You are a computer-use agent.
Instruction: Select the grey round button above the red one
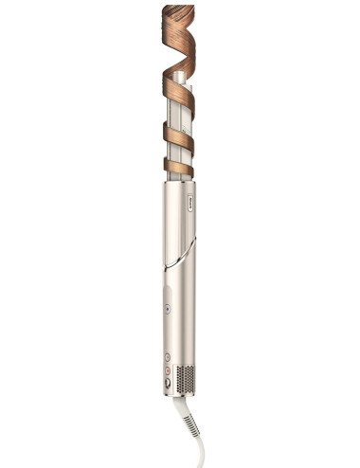168,358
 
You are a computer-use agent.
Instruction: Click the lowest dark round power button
168,383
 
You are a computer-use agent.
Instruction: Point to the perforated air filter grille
186,376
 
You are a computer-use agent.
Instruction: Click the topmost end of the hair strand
177,8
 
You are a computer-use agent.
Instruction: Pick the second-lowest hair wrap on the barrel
178,135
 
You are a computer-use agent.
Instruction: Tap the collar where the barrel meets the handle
178,184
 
